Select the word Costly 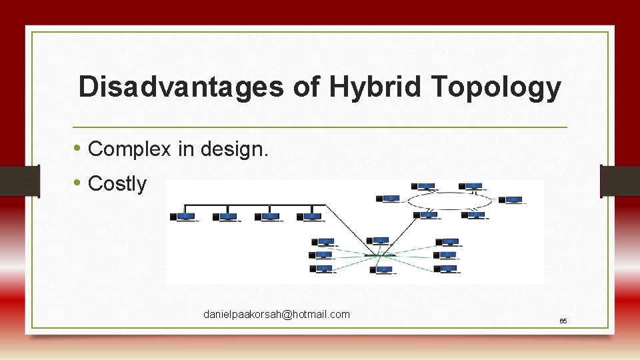point(117,184)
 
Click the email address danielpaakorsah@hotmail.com point(277,314)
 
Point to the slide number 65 point(563,321)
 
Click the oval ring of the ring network point(451,200)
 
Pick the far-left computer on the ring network point(388,198)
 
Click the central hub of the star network point(380,255)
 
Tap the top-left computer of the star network point(325,242)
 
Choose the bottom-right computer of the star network point(446,269)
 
